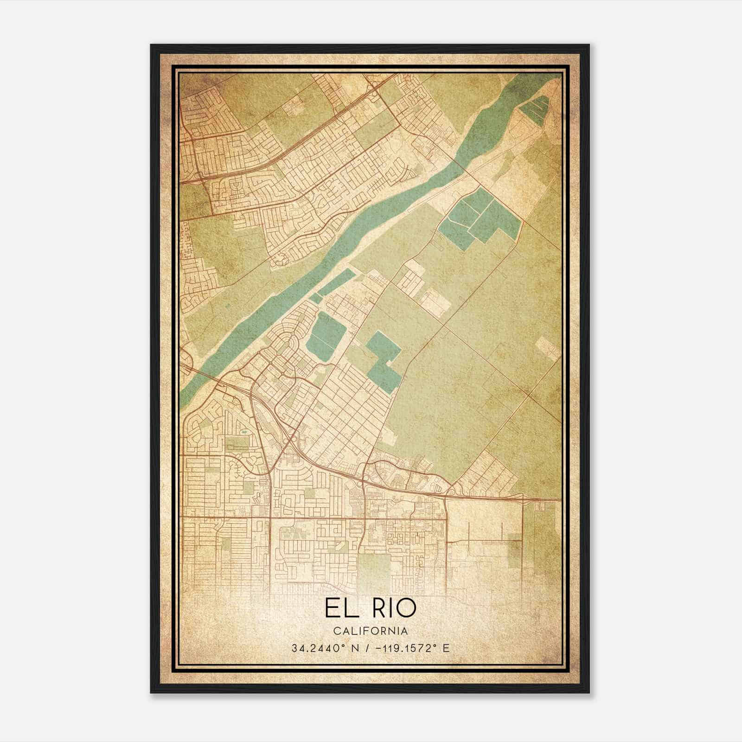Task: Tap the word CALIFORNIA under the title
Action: click(x=371, y=631)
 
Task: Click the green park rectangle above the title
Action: click(x=374, y=568)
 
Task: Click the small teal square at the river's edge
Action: click(x=315, y=298)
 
